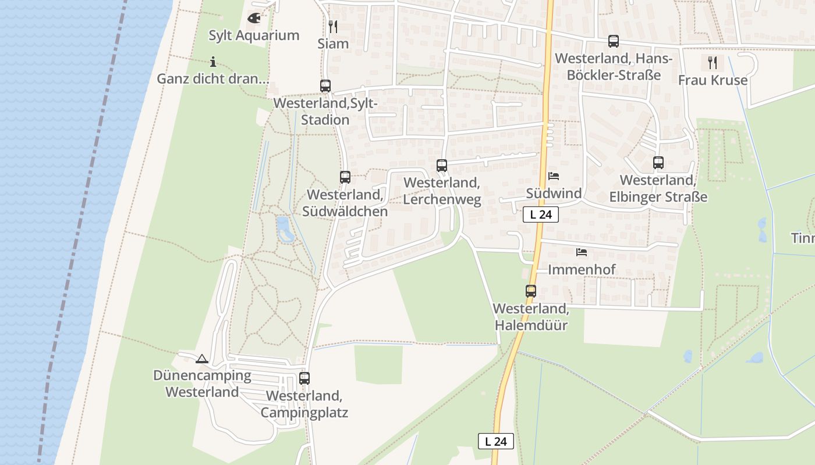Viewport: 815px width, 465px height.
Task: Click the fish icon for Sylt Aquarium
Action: pyautogui.click(x=254, y=18)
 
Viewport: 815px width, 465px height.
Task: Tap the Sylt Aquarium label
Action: pyautogui.click(x=254, y=35)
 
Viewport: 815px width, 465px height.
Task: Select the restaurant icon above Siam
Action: pyautogui.click(x=333, y=26)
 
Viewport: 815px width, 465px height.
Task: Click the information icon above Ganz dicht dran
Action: pyautogui.click(x=213, y=62)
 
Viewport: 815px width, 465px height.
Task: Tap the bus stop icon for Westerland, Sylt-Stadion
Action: pyautogui.click(x=325, y=86)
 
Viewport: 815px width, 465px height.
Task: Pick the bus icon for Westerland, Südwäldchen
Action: pyautogui.click(x=345, y=177)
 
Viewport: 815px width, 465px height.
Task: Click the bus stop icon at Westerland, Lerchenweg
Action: pyautogui.click(x=442, y=166)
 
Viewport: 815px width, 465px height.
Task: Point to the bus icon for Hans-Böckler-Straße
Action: pyautogui.click(x=614, y=41)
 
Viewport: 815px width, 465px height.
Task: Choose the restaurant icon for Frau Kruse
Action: pyautogui.click(x=713, y=62)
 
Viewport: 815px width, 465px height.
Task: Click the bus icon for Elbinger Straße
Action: pyautogui.click(x=658, y=163)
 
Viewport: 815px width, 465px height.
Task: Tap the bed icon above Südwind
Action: pyautogui.click(x=554, y=176)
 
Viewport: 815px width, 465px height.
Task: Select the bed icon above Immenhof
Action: pyautogui.click(x=582, y=252)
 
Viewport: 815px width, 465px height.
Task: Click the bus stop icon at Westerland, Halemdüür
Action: pyautogui.click(x=531, y=291)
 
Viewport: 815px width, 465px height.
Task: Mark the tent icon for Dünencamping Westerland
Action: pyautogui.click(x=202, y=359)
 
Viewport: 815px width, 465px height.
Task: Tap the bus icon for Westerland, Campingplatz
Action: pyautogui.click(x=304, y=378)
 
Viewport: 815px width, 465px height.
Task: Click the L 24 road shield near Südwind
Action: pyautogui.click(x=541, y=214)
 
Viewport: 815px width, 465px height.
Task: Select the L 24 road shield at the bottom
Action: pyautogui.click(x=496, y=441)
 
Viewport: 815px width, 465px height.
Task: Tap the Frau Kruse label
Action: pyautogui.click(x=713, y=80)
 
